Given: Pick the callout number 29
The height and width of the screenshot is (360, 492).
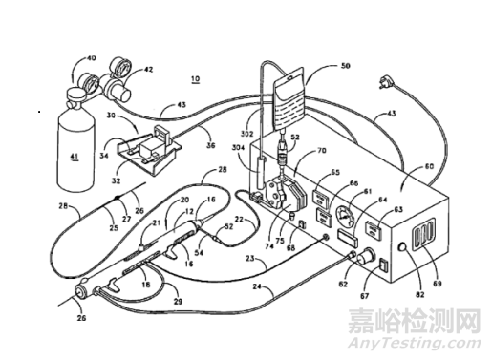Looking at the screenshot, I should [179, 302].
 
